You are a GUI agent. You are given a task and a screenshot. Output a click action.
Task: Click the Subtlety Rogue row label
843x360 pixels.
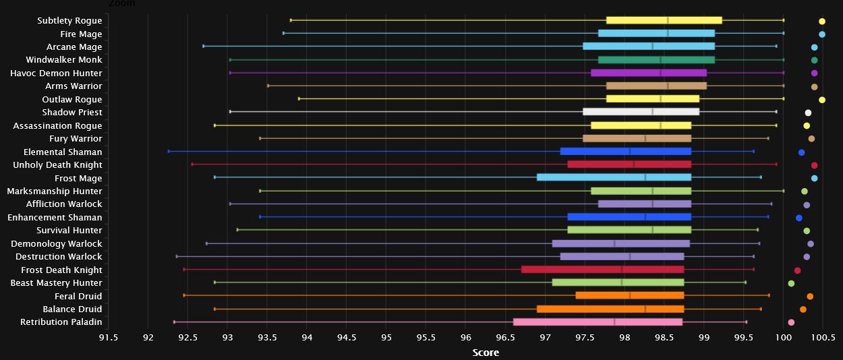point(69,21)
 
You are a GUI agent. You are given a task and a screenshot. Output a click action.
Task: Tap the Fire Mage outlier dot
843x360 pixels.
point(822,34)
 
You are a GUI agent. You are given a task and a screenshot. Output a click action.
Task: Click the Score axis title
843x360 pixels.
point(486,353)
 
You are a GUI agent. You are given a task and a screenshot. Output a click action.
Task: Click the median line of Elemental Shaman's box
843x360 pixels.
point(629,152)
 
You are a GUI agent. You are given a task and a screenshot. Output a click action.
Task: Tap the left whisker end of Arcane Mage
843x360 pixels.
point(204,47)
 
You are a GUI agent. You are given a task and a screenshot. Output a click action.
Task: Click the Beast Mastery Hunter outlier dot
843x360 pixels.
point(791,283)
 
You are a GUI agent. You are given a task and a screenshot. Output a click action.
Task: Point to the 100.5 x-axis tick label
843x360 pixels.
point(823,337)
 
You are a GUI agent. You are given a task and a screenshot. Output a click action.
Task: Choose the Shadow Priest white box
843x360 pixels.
point(641,112)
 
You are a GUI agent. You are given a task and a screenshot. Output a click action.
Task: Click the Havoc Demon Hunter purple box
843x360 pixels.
point(648,73)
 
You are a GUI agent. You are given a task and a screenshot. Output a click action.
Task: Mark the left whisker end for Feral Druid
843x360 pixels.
point(184,295)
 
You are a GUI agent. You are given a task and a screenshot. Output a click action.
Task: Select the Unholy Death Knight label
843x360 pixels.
point(57,165)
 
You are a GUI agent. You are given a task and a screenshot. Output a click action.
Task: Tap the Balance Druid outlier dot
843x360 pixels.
point(803,309)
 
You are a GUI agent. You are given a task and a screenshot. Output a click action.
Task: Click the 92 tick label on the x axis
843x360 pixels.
point(148,337)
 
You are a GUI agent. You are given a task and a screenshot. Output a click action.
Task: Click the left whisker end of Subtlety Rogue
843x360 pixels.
point(291,21)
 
